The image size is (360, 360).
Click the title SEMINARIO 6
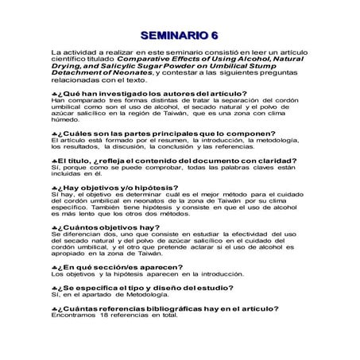[x=180, y=35]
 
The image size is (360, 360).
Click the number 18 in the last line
[x=105, y=315]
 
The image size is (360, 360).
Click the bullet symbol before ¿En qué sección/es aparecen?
[x=54, y=268]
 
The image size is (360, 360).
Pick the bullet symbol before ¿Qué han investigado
[x=54, y=93]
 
